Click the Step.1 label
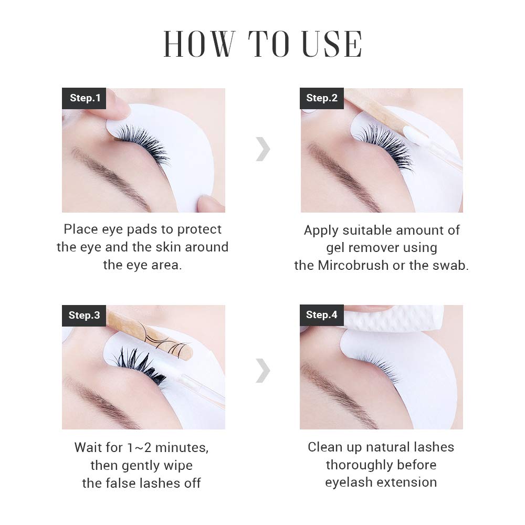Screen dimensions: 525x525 coord(85,98)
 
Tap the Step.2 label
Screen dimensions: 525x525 coord(322,98)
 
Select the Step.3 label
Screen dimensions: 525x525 coord(84,316)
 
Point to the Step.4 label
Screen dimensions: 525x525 coord(322,315)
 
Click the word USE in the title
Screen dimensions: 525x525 coord(331,45)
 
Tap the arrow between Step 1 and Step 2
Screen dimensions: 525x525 coord(263,150)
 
